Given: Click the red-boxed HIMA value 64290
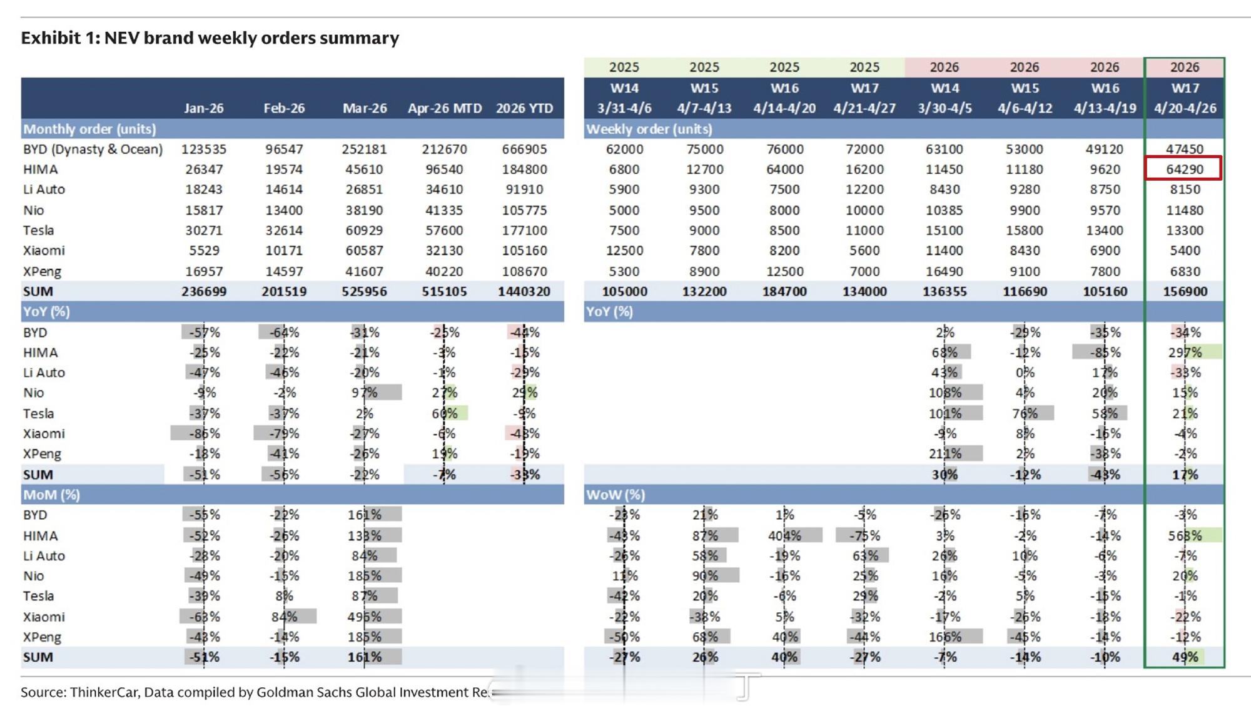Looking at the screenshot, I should tap(1183, 169).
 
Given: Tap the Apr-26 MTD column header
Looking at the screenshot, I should tap(444, 108).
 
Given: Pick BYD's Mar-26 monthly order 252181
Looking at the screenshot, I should tap(364, 149).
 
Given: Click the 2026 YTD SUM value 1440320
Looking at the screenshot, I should tap(524, 291).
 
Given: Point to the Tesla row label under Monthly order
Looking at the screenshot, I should tap(39, 230).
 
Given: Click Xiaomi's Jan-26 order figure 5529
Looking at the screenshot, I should tap(204, 251).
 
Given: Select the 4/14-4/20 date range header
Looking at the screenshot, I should tap(784, 108).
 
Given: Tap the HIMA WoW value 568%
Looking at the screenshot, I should tap(1185, 536).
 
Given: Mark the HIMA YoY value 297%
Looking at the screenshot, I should tap(1185, 353).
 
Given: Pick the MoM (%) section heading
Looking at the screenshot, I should tap(51, 495).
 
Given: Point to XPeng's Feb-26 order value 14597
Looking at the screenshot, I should tap(284, 271).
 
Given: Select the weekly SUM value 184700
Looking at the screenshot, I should tap(784, 291).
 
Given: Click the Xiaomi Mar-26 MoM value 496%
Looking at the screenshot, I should tap(364, 617).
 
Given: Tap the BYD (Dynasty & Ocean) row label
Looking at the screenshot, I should tap(93, 149).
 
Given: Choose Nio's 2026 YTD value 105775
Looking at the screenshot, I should tap(524, 210).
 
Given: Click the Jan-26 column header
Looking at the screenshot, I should tap(204, 108).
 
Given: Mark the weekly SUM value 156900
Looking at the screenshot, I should tap(1185, 291).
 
